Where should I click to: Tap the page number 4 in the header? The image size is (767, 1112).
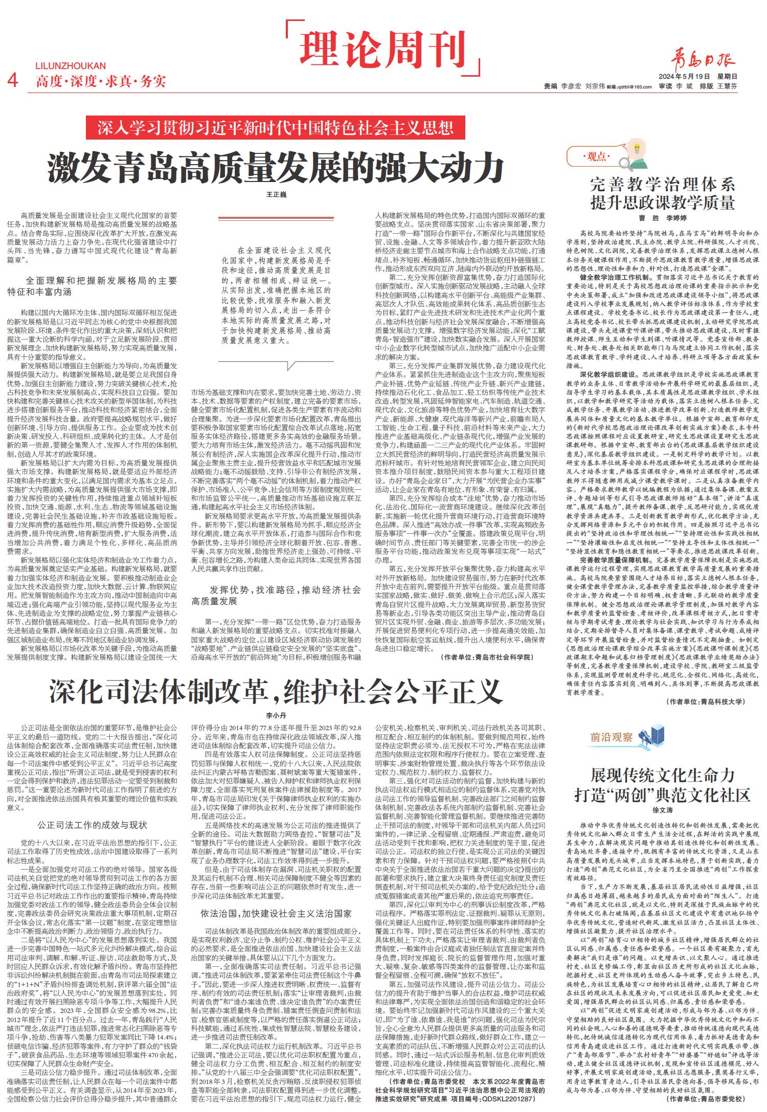[x=14, y=80]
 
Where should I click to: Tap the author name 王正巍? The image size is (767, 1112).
[x=276, y=195]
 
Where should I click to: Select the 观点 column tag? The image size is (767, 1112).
[x=596, y=157]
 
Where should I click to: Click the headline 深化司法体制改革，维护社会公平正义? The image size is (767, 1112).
[x=276, y=693]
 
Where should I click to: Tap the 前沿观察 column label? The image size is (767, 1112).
[x=612, y=737]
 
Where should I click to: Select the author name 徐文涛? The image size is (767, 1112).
[x=662, y=810]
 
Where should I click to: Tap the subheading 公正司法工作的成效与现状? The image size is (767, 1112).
[x=93, y=825]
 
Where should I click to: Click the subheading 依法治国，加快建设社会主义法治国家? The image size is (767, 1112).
[x=276, y=913]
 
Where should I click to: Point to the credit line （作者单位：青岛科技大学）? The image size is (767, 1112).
[x=706, y=701]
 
